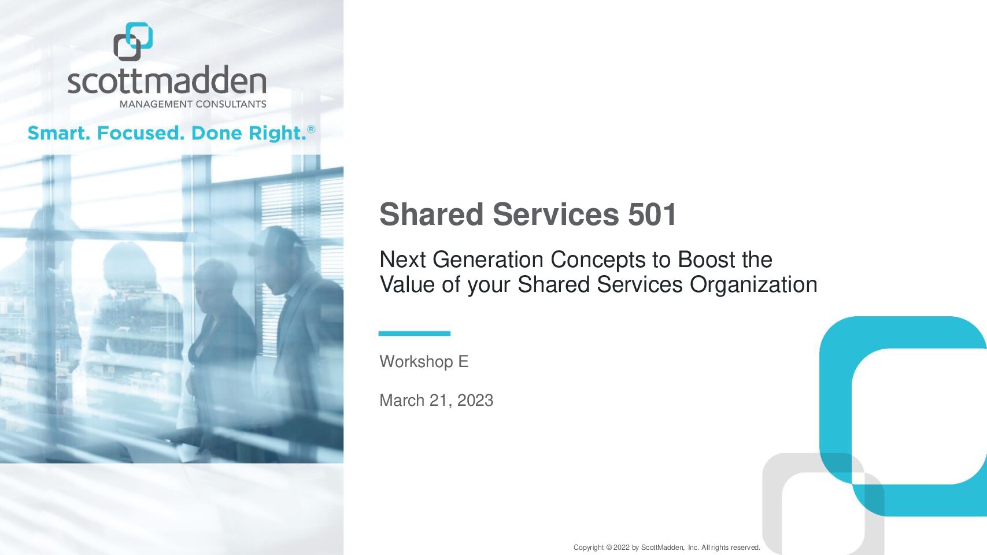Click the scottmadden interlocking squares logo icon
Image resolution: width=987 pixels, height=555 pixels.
click(x=133, y=42)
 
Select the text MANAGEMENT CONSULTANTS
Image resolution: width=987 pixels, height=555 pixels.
click(x=193, y=105)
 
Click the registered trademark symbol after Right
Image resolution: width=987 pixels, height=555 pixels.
click(x=311, y=129)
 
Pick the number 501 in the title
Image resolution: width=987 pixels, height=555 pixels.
click(x=652, y=214)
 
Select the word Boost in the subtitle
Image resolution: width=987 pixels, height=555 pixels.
click(x=707, y=260)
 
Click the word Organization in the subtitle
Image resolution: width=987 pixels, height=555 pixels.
click(x=753, y=285)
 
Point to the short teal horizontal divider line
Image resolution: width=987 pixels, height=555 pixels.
click(x=414, y=334)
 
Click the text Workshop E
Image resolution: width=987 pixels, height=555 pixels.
click(x=424, y=362)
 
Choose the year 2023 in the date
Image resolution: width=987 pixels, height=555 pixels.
click(x=475, y=401)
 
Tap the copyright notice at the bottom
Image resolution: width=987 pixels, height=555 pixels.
click(x=667, y=547)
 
